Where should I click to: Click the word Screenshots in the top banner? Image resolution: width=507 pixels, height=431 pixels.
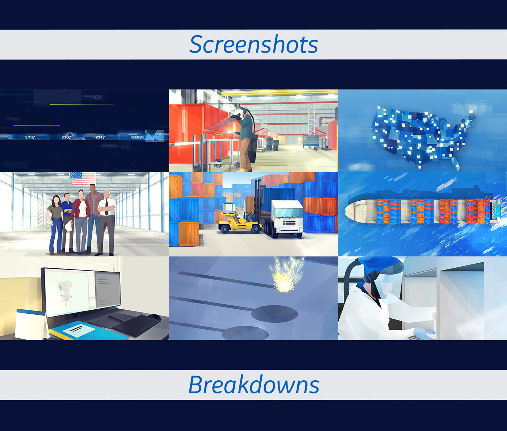[x=253, y=44]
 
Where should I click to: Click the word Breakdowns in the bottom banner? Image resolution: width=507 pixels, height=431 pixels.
[x=253, y=384]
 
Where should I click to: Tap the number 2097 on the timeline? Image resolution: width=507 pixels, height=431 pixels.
[x=30, y=137]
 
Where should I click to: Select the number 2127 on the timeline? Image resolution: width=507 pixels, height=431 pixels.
[x=137, y=137]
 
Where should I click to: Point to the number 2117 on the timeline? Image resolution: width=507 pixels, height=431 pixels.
[x=100, y=137]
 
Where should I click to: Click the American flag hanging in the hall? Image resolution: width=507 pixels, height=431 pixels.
[x=83, y=179]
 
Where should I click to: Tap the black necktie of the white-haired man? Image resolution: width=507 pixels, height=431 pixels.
[x=107, y=208]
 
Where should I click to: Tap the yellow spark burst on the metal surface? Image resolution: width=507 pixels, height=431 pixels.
[x=286, y=275]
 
